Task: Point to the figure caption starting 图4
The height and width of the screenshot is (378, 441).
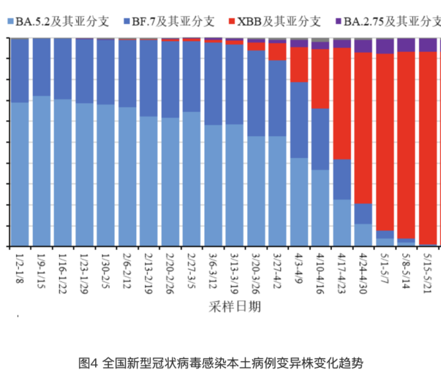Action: [x=220, y=363]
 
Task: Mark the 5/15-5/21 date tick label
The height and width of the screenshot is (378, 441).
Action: [x=428, y=268]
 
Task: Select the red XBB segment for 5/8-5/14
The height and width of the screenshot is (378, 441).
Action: [x=406, y=145]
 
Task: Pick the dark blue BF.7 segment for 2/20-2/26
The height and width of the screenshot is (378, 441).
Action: [x=171, y=79]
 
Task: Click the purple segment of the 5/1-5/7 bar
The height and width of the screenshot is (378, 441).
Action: [x=385, y=47]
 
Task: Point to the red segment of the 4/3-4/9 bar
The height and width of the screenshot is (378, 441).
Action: [x=299, y=64]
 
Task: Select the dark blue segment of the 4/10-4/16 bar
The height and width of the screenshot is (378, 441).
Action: [x=321, y=139]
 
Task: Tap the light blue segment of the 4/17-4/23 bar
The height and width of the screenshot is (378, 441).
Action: [x=342, y=222]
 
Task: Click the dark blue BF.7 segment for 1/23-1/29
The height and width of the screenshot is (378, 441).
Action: [x=85, y=71]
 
